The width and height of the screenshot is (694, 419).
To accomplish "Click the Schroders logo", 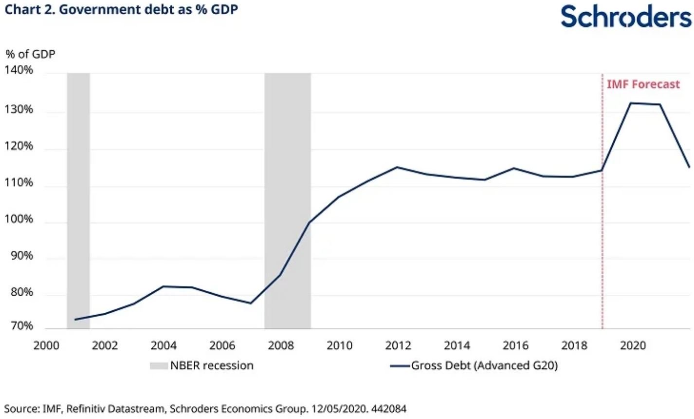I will coord(626,17).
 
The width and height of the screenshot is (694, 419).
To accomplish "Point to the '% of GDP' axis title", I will coord(30,54).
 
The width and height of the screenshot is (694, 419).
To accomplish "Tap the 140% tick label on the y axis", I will coord(19,70).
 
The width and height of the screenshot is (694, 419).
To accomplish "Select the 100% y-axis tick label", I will coord(19,219).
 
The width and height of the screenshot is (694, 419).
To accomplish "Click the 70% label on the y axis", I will coord(21,325).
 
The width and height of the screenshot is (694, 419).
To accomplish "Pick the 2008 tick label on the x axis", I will coord(281,345).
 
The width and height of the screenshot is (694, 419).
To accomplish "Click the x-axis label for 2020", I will coord(633,345).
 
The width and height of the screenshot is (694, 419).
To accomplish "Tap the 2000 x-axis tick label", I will coord(46,345).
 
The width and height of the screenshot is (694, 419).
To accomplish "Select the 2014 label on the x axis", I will coord(457,345).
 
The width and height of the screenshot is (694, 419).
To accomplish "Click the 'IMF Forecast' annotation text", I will coord(643,84).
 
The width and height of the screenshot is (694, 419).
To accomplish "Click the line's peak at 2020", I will coord(631,103).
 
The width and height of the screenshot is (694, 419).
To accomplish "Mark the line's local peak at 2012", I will coord(397,167).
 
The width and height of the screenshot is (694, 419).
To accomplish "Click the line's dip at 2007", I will coord(250,303).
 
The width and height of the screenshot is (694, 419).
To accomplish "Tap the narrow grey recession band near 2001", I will coord(78,195).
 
